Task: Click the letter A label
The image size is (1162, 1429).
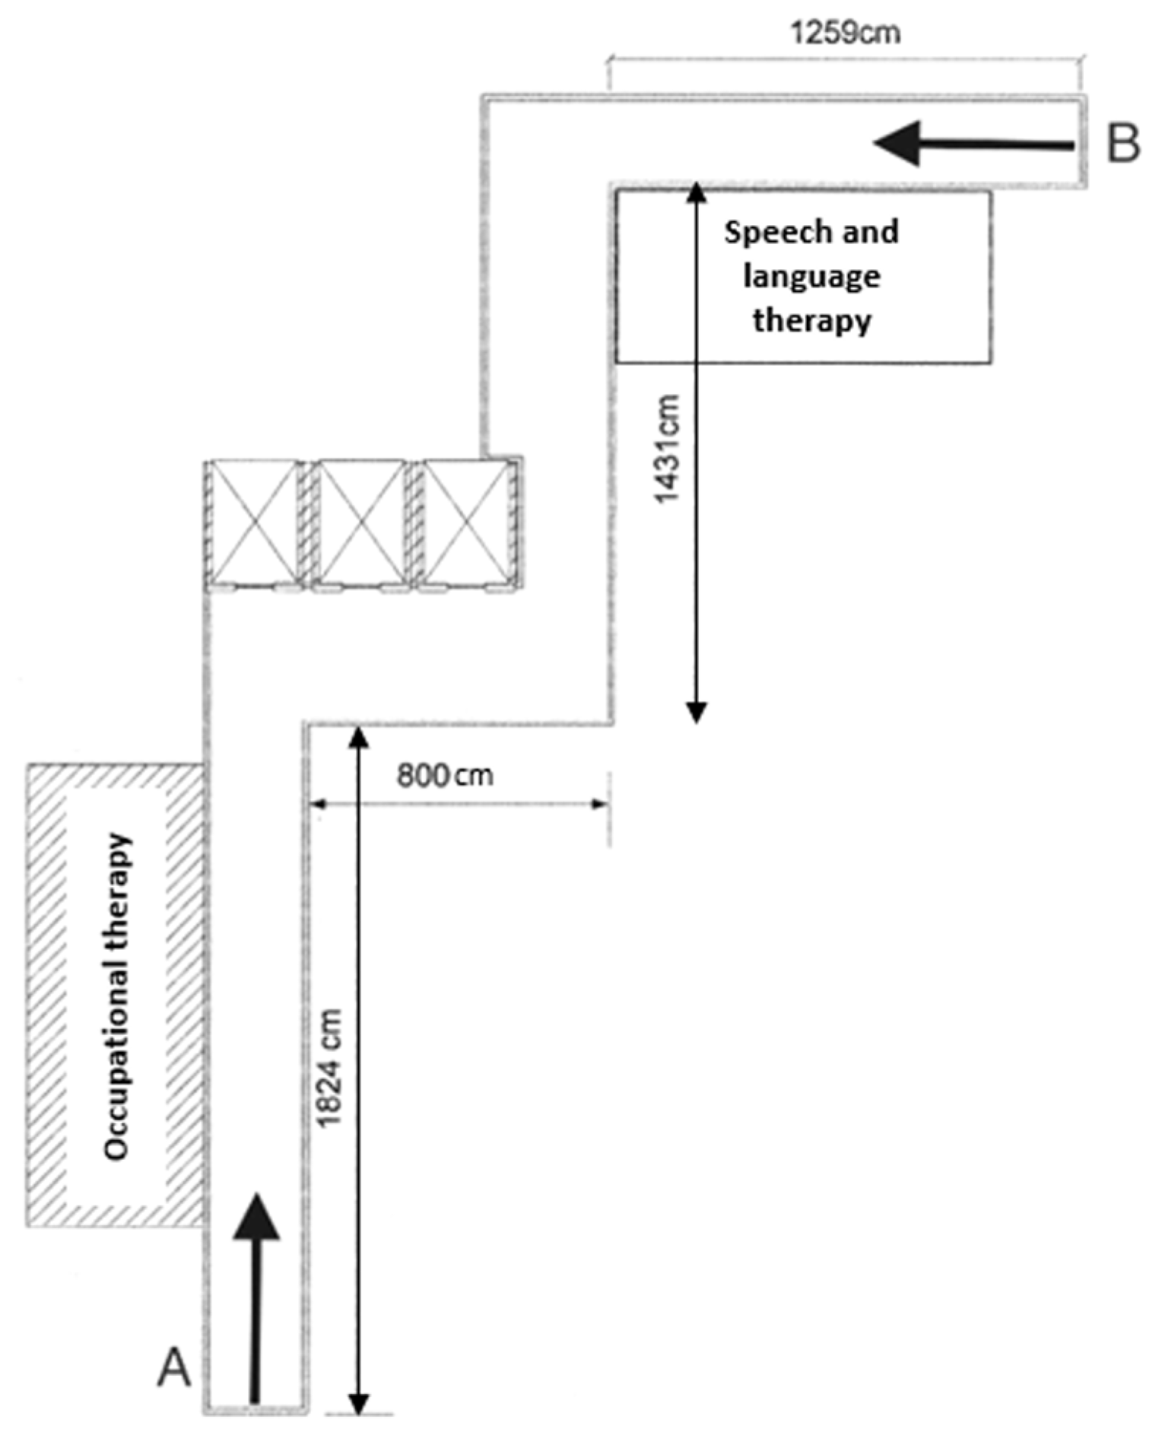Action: [x=174, y=1367]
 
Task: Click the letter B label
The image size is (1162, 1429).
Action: [x=1123, y=142]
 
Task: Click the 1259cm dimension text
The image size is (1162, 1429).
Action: [x=845, y=33]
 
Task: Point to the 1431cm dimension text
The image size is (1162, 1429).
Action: [x=666, y=449]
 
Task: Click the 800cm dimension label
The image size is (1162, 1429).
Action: [x=445, y=775]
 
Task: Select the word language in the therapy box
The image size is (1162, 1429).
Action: [x=811, y=275]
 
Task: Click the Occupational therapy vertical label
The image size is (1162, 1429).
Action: [x=117, y=996]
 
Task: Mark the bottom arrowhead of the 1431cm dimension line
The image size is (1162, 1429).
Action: [x=696, y=713]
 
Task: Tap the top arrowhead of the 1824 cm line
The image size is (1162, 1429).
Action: [x=358, y=737]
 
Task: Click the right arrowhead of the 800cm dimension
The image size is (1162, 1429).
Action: [x=601, y=803]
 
